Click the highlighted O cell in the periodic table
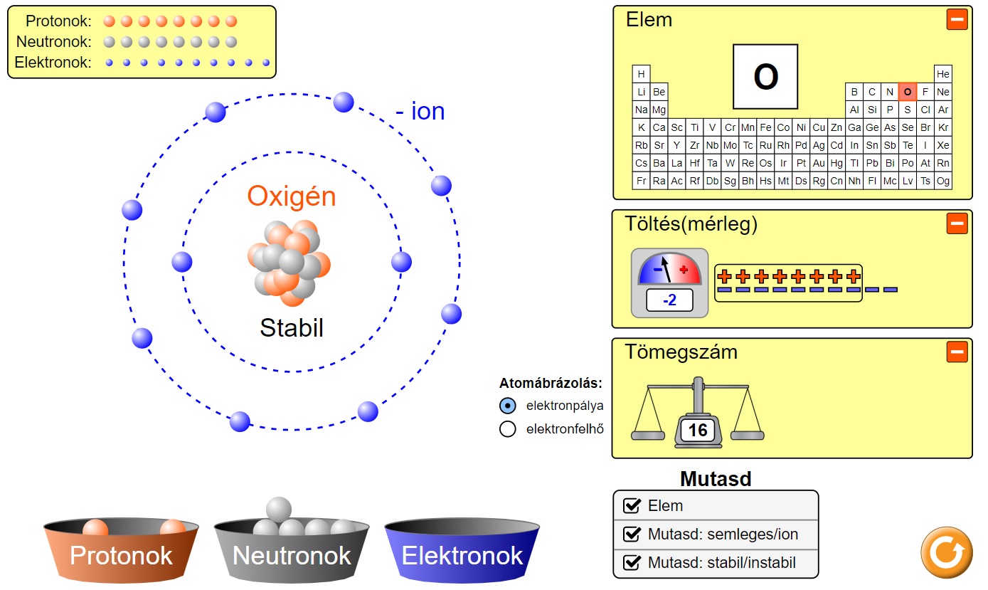click(x=907, y=92)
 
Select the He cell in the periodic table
click(x=943, y=74)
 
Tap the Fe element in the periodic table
click(x=765, y=127)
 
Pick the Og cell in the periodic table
click(x=943, y=181)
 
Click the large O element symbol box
click(x=765, y=77)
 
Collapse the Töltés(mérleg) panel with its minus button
click(x=957, y=223)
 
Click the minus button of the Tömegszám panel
click(x=957, y=352)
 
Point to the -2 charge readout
click(x=669, y=300)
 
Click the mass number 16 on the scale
click(x=698, y=430)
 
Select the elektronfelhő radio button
click(x=507, y=429)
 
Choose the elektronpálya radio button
click(x=507, y=406)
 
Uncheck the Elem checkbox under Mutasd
click(x=632, y=506)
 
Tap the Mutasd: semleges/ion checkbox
click(x=632, y=534)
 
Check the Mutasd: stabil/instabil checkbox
click(x=632, y=563)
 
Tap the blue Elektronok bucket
click(x=462, y=552)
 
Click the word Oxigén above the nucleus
click(x=292, y=196)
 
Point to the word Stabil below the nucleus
click(x=292, y=328)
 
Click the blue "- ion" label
click(x=420, y=112)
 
